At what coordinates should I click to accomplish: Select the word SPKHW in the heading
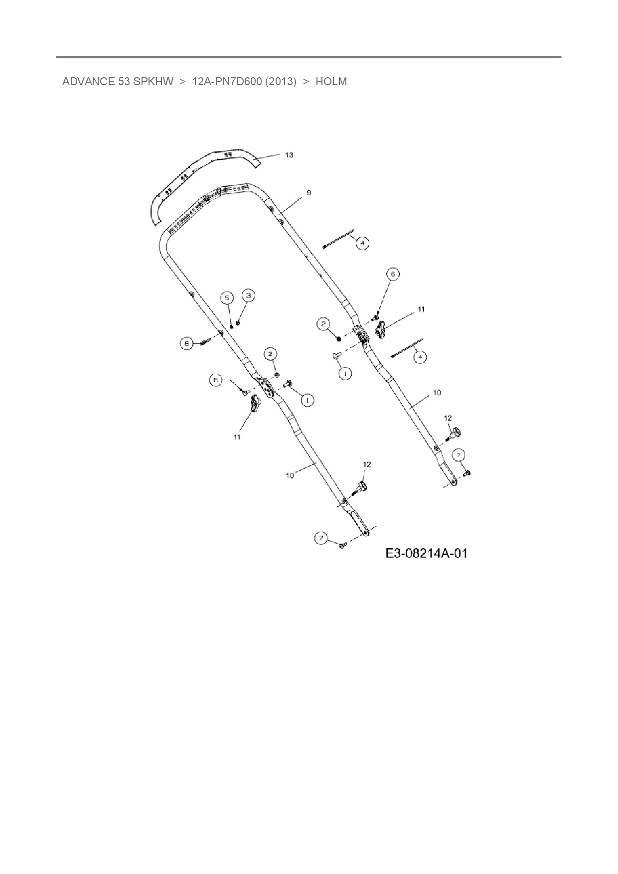coord(153,82)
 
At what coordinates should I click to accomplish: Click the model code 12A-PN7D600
coord(227,82)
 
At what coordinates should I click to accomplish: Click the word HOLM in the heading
coord(331,82)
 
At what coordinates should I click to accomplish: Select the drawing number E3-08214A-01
coord(426,553)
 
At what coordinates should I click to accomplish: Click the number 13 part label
coord(289,155)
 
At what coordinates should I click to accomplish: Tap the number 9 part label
coord(309,192)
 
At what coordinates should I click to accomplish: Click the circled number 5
coord(227,298)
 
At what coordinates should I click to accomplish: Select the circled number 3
coord(248,295)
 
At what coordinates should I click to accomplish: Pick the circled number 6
coord(393,274)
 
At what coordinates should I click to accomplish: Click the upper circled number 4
coord(362,243)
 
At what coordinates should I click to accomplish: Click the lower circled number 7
coord(321,538)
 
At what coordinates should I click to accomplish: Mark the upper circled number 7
coord(459,454)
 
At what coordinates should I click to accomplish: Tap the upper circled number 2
coord(324,324)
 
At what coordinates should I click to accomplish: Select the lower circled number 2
coord(271,354)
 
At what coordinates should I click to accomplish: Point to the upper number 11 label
coord(421,309)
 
